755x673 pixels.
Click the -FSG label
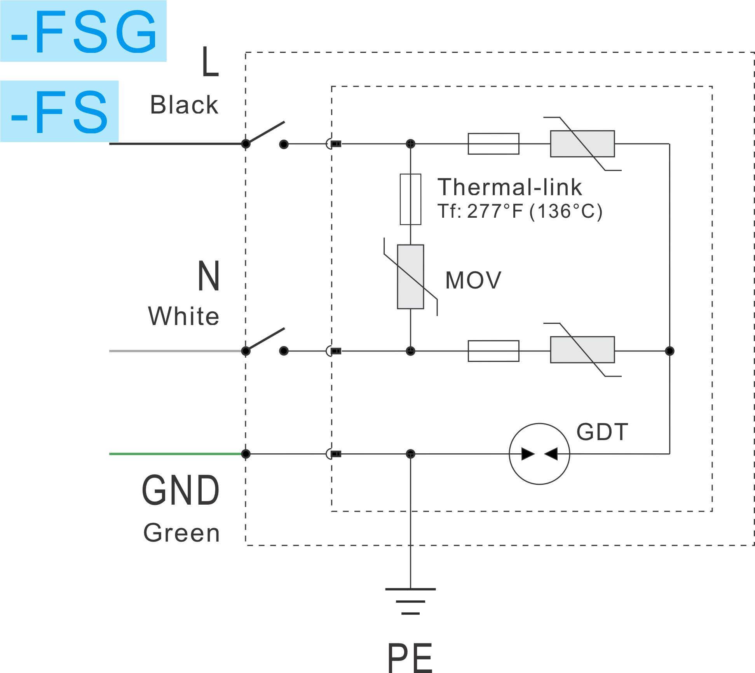point(84,31)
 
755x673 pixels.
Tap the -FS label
point(59,112)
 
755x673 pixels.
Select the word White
point(184,316)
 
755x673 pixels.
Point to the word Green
point(181,533)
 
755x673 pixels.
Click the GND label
point(181,491)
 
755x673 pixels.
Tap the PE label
point(410,657)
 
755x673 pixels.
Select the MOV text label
point(473,280)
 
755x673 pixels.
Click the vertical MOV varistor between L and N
point(410,277)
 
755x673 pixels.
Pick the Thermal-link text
point(510,187)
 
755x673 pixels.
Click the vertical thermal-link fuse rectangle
point(410,199)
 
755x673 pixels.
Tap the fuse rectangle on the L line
point(493,144)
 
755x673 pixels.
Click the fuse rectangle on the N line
point(493,351)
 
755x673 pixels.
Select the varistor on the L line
point(582,144)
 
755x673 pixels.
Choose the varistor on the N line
point(582,350)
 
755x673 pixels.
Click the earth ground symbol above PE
point(410,601)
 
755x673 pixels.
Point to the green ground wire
point(177,454)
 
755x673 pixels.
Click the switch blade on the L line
point(265,133)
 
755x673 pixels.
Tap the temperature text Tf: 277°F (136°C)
point(520,212)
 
